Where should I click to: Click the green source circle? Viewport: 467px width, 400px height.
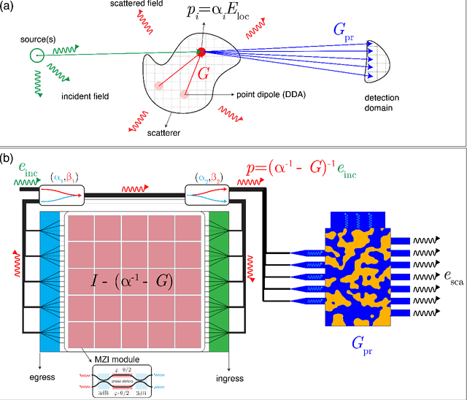34,54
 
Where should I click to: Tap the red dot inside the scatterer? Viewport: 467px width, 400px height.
201,51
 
